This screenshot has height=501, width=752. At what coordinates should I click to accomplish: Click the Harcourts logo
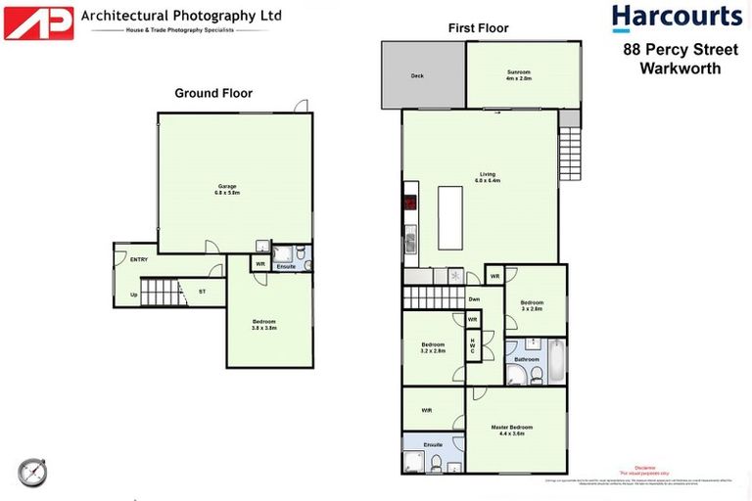pos(677,18)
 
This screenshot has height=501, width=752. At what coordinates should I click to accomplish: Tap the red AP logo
pos(38,23)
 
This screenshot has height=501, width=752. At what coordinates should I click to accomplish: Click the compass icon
pos(31,472)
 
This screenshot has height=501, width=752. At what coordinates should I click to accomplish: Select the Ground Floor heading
pos(213,94)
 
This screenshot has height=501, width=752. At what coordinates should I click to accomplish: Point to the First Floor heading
pos(478,28)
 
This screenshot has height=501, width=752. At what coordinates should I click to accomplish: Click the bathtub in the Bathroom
pos(555,361)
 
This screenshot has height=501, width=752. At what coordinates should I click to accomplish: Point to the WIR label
pos(428,410)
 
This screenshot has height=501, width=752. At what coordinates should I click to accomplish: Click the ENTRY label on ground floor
pos(125,259)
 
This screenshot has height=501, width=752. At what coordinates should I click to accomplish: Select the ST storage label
pos(202,292)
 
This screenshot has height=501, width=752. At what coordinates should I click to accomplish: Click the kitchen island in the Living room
pos(449,217)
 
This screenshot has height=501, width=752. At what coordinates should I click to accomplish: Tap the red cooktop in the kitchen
pos(409,205)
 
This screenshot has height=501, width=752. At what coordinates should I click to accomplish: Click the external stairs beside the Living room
pos(571,156)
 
